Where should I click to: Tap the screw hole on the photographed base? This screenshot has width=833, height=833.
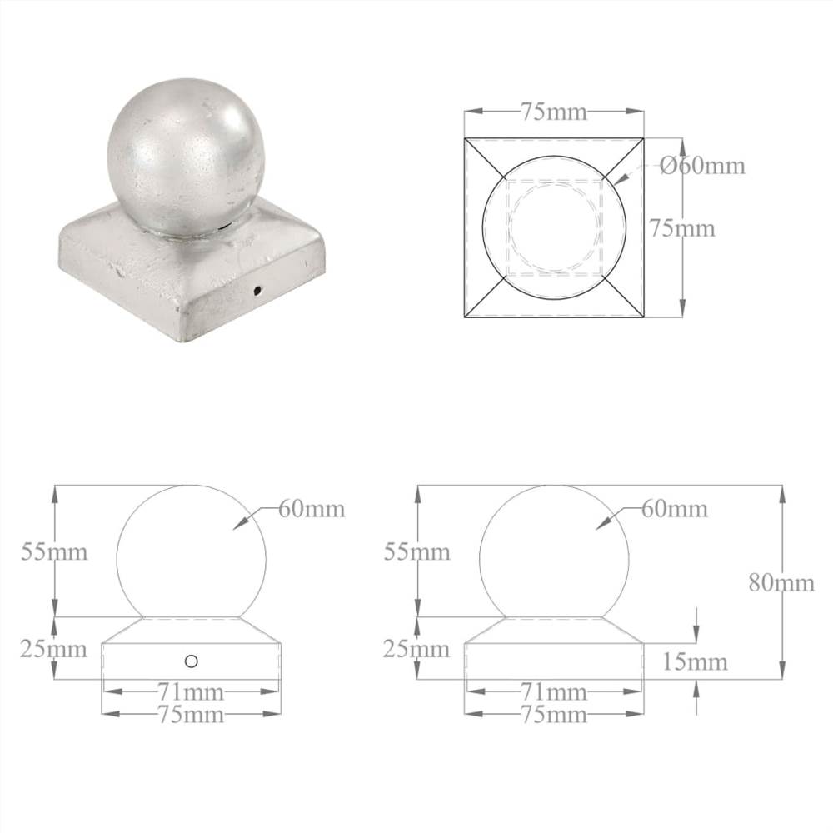coord(257,291)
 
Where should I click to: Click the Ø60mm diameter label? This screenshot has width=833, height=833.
coord(702,166)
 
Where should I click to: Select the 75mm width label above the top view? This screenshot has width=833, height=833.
coord(553,112)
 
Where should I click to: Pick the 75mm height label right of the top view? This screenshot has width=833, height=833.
coord(682,227)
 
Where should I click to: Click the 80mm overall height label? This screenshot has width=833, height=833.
coord(781,582)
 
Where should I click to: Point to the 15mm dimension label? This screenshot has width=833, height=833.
coord(696,662)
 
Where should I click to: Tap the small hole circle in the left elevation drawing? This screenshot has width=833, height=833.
coord(192,661)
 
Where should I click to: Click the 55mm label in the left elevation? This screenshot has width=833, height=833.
coord(54,551)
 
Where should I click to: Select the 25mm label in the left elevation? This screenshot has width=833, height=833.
coord(54,648)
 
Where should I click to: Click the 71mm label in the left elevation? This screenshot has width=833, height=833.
coord(191,692)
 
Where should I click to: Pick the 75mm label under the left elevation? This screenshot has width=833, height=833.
coord(191,714)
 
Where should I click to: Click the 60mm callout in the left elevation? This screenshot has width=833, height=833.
coord(311,509)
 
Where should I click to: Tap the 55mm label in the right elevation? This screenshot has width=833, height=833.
coord(416,551)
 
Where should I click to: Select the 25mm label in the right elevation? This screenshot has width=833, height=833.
coord(416,648)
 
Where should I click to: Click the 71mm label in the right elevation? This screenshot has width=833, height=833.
coord(553,692)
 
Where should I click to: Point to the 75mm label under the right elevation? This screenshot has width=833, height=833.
coord(553,714)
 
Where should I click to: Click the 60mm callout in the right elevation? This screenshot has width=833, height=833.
coord(674,509)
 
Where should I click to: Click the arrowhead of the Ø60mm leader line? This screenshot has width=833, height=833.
coord(612,178)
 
